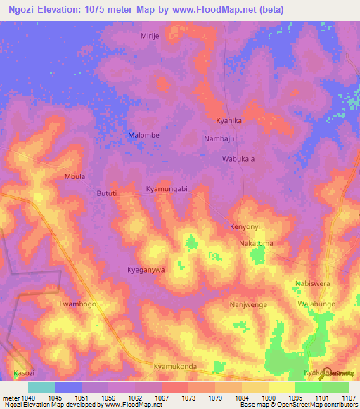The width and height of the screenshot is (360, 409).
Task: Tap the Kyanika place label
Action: pos(229,121)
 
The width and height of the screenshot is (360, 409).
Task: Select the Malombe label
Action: pos(142,135)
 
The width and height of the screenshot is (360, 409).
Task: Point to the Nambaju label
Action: pos(218,139)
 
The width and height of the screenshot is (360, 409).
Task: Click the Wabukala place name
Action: pos(238,159)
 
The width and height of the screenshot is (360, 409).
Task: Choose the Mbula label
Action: pos(75,176)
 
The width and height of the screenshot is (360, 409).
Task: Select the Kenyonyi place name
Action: pos(245,227)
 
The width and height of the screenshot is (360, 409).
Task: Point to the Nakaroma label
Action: pos(256,243)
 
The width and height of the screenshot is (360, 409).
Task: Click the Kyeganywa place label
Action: pos(146,270)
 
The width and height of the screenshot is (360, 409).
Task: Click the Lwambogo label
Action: pos(77,304)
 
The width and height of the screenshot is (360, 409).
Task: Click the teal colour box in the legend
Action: pos(41,387)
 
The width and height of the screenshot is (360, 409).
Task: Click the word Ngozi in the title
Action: pos(20,9)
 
